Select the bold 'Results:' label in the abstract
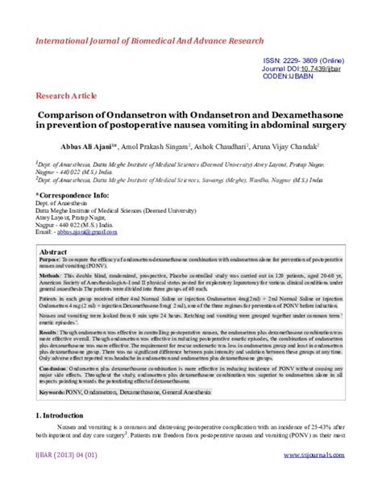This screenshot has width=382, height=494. coord(48,331)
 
